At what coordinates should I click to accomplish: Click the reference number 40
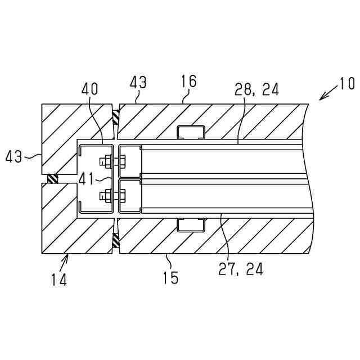coord(89,89)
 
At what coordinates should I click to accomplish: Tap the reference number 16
coord(189,82)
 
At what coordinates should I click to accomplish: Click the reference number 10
coord(346,84)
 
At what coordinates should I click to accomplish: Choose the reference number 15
coord(170,277)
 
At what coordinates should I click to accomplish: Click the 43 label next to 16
coord(138,83)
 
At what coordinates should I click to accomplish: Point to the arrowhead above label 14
coord(69,256)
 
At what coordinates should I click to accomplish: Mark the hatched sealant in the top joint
coord(115,117)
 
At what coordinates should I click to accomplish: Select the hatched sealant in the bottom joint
coord(115,240)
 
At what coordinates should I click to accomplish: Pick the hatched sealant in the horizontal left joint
coord(52,179)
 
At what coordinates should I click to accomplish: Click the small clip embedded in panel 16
coord(191,133)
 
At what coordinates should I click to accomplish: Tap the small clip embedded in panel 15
coord(191,225)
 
